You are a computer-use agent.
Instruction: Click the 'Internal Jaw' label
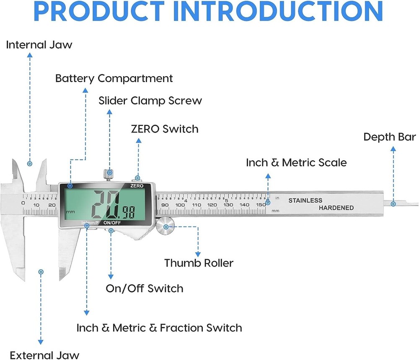39,45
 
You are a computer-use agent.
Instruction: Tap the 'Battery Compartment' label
114,78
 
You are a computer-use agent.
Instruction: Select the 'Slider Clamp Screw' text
150,101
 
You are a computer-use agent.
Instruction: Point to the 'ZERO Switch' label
165,129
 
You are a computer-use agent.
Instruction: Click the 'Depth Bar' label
389,137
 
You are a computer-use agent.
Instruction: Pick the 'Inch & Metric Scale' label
296,162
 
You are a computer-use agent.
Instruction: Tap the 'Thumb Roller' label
199,263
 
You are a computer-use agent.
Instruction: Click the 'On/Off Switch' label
144,288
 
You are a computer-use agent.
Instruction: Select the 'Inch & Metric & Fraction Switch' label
159,328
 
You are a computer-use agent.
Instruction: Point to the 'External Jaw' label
44,355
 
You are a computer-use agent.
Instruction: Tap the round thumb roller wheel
166,227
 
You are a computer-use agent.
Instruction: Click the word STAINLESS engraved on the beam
305,201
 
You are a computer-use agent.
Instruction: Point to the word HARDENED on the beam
336,208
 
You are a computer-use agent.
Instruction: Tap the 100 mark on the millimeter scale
180,205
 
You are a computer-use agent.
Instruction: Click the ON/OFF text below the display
112,223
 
